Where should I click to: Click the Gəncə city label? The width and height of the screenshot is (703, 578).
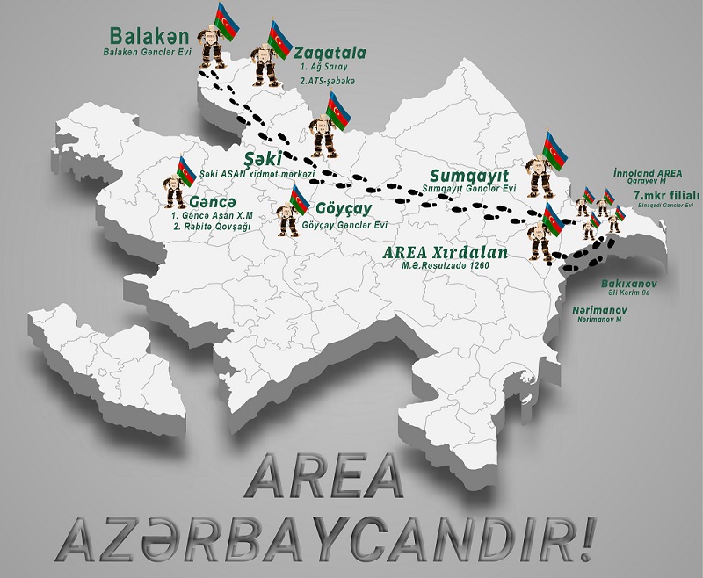click(x=212, y=200)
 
